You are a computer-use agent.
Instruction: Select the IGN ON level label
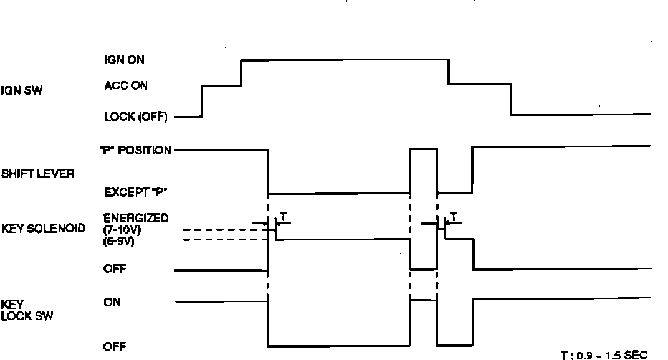[x=125, y=60]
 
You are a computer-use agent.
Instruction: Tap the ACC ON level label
[x=125, y=86]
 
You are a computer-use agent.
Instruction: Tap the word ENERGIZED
[x=136, y=218]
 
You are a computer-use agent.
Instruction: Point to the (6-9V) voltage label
[x=117, y=241]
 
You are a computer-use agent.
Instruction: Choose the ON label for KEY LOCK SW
[x=112, y=303]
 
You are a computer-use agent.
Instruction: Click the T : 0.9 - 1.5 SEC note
[x=604, y=354]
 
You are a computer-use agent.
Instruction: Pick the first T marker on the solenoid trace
[x=284, y=215]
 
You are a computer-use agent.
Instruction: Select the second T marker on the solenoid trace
[x=454, y=216]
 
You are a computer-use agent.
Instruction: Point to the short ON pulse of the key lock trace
[x=423, y=300]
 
